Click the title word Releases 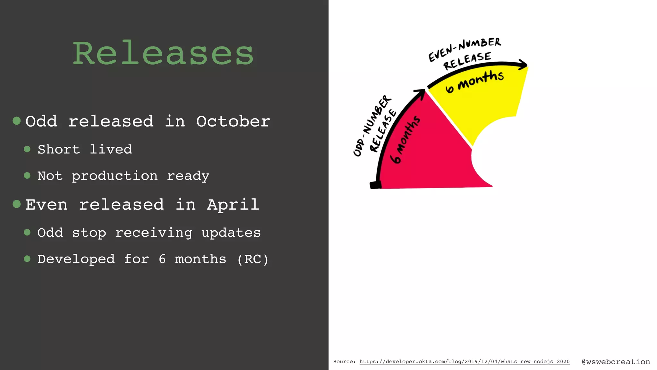point(163,53)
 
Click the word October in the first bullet point(233,121)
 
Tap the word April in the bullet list point(233,205)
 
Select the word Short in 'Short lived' point(59,149)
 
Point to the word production point(115,176)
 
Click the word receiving point(154,233)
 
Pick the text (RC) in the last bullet point(253,259)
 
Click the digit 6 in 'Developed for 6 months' point(162,259)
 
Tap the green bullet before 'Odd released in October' point(17,121)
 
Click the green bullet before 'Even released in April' point(17,204)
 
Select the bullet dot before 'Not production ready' point(27,175)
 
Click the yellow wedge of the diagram point(488,100)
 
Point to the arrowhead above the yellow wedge point(523,64)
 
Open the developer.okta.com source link point(464,362)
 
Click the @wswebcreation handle point(616,362)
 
